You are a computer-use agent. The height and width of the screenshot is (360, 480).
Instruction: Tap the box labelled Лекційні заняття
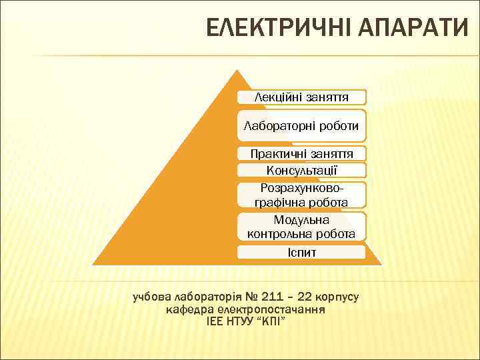coord(301,97)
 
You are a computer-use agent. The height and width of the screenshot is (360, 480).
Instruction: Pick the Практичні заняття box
coord(301,153)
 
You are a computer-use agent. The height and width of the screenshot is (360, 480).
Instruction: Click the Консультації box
coord(301,170)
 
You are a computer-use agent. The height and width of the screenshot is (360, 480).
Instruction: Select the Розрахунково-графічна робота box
coord(301,195)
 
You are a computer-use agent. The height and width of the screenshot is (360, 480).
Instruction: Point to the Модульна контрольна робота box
coord(301,227)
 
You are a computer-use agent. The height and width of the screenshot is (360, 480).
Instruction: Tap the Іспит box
coord(301,253)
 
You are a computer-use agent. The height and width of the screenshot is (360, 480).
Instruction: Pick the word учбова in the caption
coord(152,296)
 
